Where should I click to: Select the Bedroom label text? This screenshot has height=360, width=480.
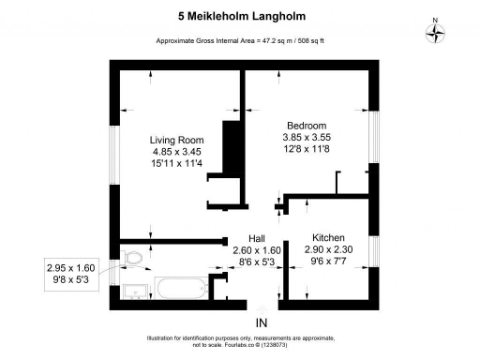coord(307,126)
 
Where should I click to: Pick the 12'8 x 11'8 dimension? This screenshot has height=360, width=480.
coord(307,149)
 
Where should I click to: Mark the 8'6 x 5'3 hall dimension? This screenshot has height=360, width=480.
coord(257,262)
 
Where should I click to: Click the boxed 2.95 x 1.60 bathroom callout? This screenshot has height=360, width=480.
coord(72,274)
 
